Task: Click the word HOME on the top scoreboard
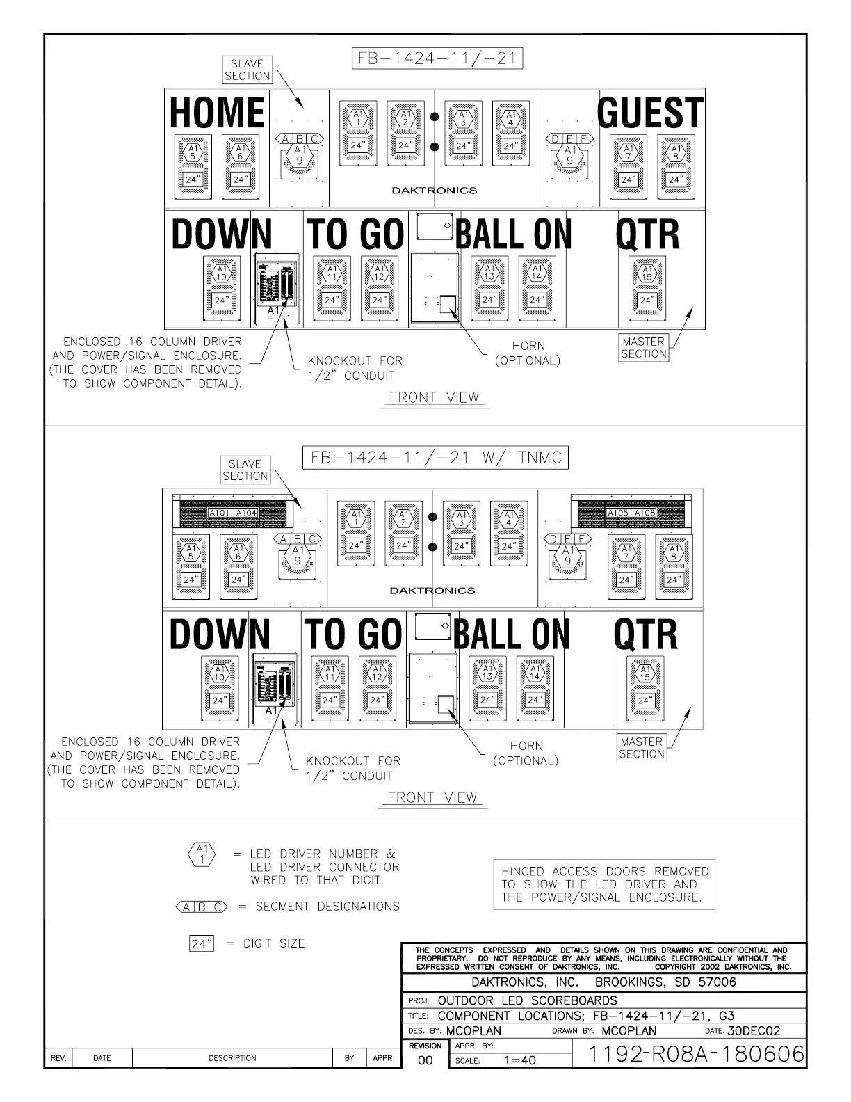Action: [x=217, y=112]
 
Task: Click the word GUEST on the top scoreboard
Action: [x=650, y=112]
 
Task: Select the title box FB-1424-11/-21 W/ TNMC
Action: [x=435, y=458]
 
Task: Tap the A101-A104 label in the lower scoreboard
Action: [x=233, y=513]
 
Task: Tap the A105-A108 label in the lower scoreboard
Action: [x=631, y=513]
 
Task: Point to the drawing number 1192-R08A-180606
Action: [x=696, y=1054]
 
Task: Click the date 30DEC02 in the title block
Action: [x=754, y=1031]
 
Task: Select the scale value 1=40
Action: [x=519, y=1060]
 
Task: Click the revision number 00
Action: [x=425, y=1060]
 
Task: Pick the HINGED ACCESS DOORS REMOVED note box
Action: [x=603, y=884]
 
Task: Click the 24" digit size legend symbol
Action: [x=201, y=943]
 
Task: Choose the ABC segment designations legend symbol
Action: [x=202, y=907]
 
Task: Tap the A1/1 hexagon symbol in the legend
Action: [x=202, y=854]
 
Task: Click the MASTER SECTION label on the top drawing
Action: [x=643, y=347]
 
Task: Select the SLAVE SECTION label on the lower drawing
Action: [x=245, y=470]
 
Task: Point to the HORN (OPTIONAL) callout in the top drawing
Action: [x=528, y=353]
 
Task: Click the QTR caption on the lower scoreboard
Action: [x=645, y=634]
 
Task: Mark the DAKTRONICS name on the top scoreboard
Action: [x=435, y=190]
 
